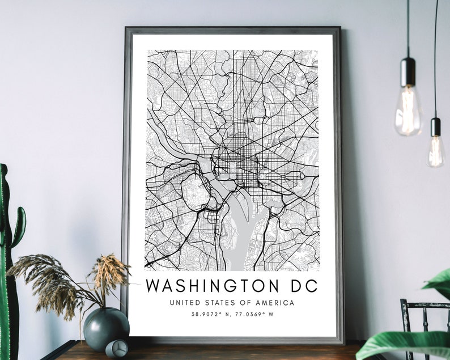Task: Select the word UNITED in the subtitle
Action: click(x=185, y=303)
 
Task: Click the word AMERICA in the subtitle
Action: click(x=275, y=303)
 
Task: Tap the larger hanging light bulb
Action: click(x=408, y=111)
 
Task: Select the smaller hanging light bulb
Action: click(x=436, y=150)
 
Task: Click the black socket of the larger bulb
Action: click(x=408, y=71)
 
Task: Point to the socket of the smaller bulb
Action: click(x=436, y=126)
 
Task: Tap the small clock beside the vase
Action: click(x=116, y=348)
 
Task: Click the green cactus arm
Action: click(x=19, y=227)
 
